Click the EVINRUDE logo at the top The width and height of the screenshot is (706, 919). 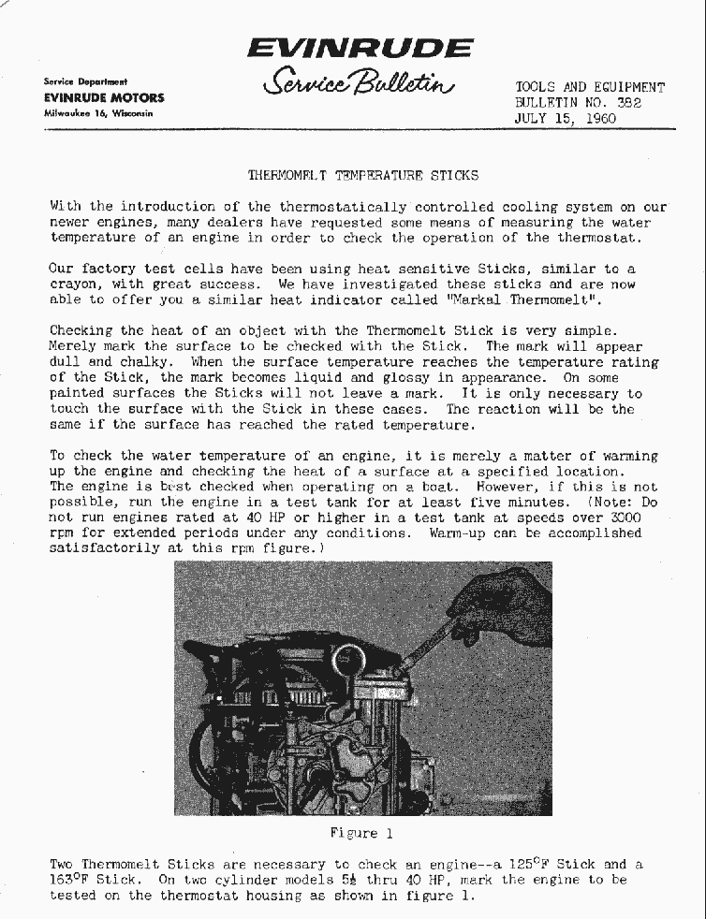[360, 48]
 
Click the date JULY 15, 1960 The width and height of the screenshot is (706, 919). [566, 119]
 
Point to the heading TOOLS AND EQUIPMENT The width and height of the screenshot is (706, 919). [590, 88]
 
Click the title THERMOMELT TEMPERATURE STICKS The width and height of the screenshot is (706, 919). [362, 175]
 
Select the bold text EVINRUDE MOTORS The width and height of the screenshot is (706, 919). [104, 97]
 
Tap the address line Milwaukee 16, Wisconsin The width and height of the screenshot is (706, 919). [97, 113]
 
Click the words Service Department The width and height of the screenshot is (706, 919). [85, 82]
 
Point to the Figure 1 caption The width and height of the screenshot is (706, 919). [354, 833]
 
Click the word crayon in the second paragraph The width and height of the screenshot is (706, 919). [72, 284]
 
